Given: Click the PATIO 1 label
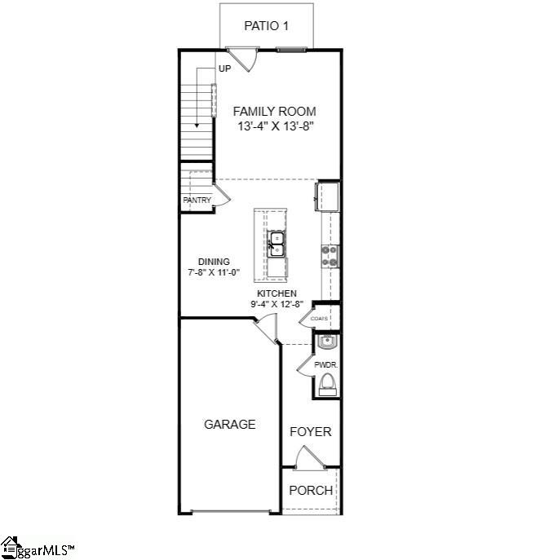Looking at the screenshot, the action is [x=266, y=26].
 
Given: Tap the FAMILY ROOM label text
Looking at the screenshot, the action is [x=274, y=112].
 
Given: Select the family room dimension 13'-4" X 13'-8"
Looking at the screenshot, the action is [x=276, y=126].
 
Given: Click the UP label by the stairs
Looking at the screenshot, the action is [x=225, y=68].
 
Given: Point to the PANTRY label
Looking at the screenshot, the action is [x=197, y=200].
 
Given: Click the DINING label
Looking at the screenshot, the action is [x=214, y=262].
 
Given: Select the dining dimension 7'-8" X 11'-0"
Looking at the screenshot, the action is [x=214, y=272].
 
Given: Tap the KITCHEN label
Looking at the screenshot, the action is [x=277, y=293].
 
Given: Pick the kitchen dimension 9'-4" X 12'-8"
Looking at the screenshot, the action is [x=277, y=304].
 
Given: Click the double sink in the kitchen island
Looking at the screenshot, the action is [x=277, y=244].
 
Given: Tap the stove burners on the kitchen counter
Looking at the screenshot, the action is [x=330, y=257].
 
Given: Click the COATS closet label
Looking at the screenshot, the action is [x=319, y=318].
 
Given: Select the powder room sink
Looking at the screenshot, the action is [x=327, y=342].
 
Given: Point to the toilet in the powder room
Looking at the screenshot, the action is [x=328, y=385].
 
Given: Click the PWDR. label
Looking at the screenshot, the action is [x=326, y=365].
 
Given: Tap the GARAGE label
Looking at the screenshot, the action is [x=230, y=425].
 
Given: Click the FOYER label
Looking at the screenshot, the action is [x=310, y=432].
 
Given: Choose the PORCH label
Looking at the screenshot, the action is [x=311, y=491].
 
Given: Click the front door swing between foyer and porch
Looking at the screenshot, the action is [x=310, y=457].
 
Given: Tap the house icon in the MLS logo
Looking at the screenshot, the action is [x=9, y=547].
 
